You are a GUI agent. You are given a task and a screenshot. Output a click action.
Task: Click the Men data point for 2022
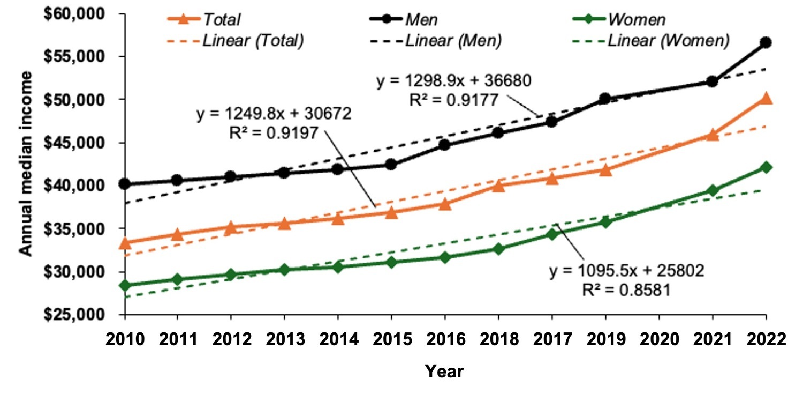(766, 42)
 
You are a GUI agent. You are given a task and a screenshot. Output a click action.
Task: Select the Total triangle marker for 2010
(125, 243)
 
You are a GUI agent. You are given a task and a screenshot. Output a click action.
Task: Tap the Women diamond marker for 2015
(391, 262)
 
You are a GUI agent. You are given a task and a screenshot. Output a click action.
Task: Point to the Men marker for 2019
(605, 99)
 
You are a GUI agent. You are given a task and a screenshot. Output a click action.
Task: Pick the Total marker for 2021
(712, 135)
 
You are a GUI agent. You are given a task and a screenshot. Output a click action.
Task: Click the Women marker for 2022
(766, 167)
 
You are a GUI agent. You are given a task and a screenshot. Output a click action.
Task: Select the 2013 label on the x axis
(285, 340)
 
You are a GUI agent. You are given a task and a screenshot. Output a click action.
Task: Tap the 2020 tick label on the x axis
(658, 340)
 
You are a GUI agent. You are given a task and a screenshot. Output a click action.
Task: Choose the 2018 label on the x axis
(498, 340)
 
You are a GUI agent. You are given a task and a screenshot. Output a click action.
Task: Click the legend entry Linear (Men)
(453, 41)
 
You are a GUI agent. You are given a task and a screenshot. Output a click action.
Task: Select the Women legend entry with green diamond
(634, 20)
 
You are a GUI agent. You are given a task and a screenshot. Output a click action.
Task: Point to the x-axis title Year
(444, 372)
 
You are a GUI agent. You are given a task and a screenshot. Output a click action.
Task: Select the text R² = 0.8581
(626, 290)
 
